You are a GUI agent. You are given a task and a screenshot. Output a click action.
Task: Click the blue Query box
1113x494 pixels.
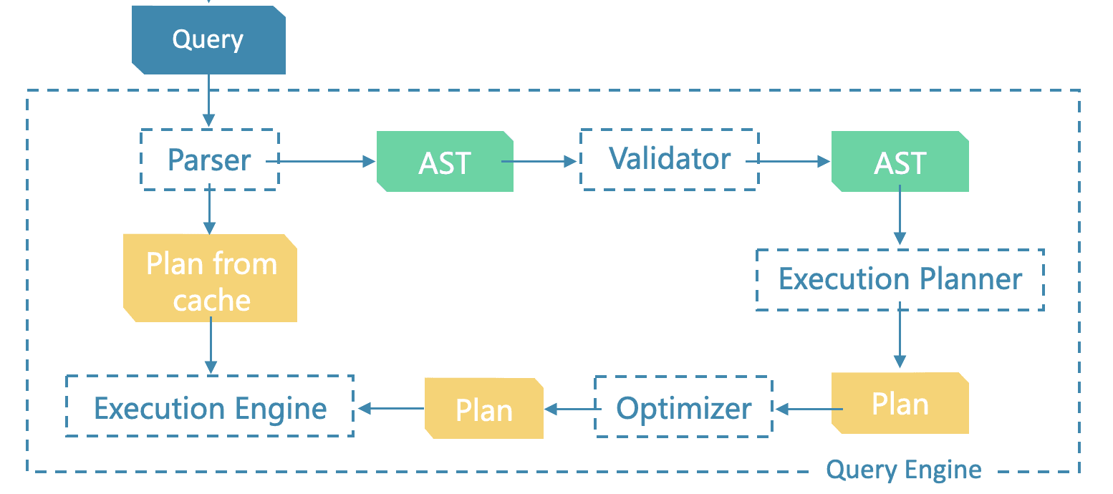point(208,39)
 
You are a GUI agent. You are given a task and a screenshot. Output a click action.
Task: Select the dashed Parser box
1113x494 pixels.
point(208,160)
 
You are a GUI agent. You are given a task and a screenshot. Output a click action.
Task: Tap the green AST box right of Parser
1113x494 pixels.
point(445,162)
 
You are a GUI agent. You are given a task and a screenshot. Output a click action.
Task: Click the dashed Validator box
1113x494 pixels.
point(669,159)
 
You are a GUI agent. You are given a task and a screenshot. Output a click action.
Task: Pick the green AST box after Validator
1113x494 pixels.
point(900,162)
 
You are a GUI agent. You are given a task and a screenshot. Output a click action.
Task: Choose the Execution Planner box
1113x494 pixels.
point(900,279)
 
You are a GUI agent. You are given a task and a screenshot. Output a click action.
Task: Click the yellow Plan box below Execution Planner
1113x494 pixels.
point(900,404)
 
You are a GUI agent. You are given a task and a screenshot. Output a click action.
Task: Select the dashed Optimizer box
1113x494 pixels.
point(683,408)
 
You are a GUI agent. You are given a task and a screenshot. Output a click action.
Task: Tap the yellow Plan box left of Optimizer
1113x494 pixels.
point(484,409)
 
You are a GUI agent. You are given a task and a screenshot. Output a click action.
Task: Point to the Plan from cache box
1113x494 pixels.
point(211,279)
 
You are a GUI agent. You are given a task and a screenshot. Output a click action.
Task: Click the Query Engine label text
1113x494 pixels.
point(903,470)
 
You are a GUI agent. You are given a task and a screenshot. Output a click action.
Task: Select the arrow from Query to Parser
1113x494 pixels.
point(208,101)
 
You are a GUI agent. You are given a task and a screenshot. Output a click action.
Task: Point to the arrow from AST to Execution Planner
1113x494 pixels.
point(900,219)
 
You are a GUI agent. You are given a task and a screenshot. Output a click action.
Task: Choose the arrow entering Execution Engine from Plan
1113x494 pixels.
point(390,409)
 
